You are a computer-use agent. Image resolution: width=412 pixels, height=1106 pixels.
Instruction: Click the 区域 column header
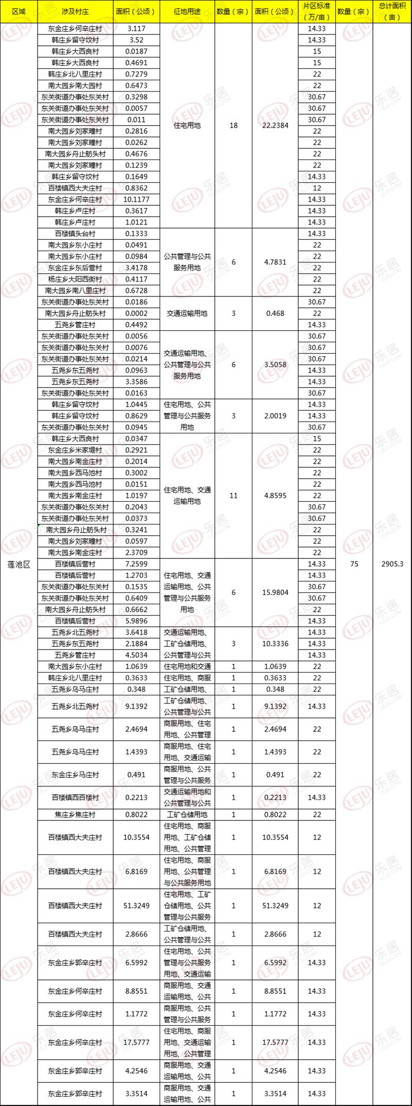(x=19, y=11)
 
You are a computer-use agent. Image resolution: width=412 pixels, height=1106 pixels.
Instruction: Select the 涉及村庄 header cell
(x=75, y=11)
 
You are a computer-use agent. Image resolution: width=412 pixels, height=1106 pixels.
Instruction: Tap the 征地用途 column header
(x=186, y=11)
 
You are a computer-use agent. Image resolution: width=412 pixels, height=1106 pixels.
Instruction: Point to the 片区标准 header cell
(x=317, y=11)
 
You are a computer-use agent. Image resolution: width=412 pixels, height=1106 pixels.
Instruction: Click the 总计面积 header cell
(x=392, y=11)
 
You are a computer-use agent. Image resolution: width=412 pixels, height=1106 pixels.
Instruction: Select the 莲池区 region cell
(x=19, y=564)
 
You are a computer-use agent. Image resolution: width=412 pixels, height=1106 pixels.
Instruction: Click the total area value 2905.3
(x=392, y=564)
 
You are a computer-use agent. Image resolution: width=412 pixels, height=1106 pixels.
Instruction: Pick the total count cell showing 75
(x=354, y=564)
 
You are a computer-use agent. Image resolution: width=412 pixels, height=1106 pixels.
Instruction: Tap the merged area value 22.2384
(x=275, y=126)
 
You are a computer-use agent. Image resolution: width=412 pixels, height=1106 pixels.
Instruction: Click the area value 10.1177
(x=136, y=200)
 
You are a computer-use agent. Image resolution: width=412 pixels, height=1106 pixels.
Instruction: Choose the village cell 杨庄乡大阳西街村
(x=75, y=279)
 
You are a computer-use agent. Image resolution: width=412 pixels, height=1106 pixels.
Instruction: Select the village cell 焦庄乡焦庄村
(x=75, y=815)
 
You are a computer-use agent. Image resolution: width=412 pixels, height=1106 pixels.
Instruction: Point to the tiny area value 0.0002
(x=136, y=313)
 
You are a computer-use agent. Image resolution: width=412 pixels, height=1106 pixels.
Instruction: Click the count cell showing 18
(x=233, y=126)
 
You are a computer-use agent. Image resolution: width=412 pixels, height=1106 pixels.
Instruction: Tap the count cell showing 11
(x=233, y=496)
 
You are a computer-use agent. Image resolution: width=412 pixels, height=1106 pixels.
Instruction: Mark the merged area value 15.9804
(x=275, y=592)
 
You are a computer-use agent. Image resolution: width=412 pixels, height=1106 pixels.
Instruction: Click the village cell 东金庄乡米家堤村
(x=75, y=450)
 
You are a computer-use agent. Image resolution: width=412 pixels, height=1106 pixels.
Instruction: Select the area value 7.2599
(x=136, y=564)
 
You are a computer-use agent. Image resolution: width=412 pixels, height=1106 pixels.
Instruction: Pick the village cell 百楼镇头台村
(x=75, y=234)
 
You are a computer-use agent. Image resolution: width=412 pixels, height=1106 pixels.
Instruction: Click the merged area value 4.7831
(x=275, y=262)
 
